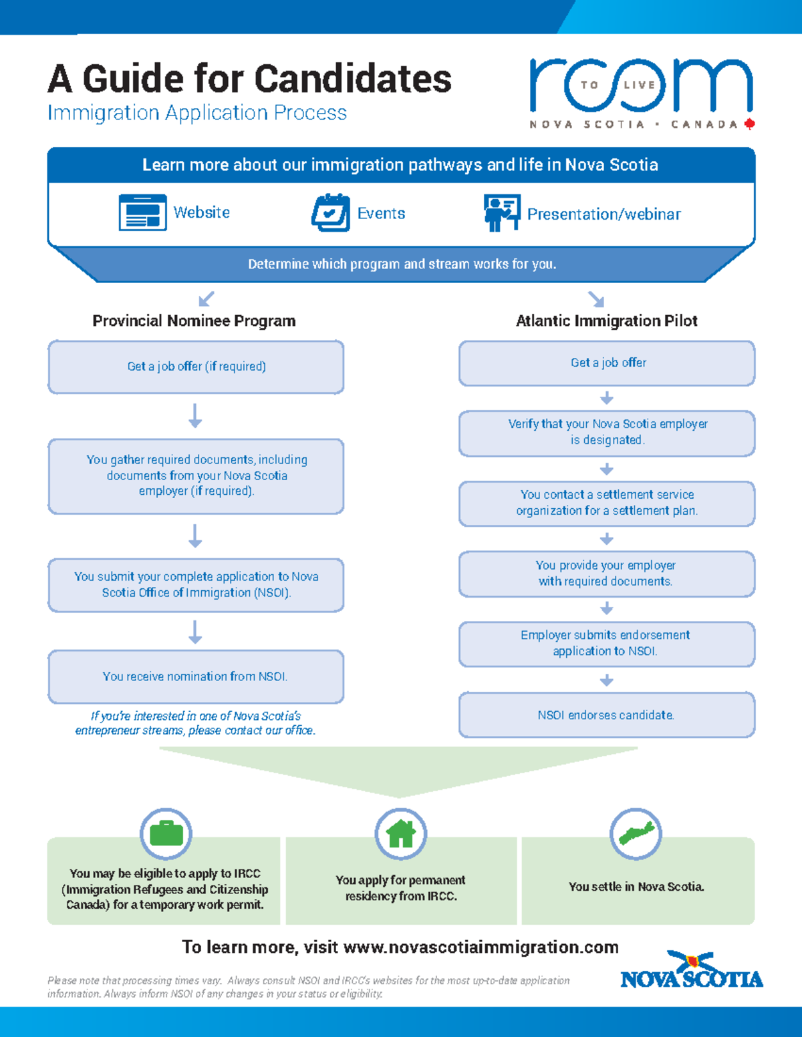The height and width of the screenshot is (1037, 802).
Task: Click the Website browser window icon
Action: (142, 212)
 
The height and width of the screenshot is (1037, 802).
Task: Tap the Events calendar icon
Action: (331, 213)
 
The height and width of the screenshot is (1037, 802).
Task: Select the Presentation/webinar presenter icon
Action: (501, 213)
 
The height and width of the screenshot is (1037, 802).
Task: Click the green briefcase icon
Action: (166, 833)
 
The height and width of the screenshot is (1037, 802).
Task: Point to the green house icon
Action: (401, 833)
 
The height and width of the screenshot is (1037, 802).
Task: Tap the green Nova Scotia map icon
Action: (636, 833)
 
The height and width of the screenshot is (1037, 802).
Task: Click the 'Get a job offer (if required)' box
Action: (196, 367)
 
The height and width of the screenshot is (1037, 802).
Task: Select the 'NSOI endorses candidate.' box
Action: (606, 715)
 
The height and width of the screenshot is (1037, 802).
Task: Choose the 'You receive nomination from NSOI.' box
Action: (196, 676)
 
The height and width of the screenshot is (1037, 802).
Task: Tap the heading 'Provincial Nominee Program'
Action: (194, 321)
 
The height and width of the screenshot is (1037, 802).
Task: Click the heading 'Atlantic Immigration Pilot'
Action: (606, 321)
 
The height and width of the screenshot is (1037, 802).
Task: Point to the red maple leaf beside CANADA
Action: (749, 124)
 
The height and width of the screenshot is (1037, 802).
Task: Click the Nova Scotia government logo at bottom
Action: (691, 972)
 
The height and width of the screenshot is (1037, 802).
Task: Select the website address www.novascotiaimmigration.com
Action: (481, 948)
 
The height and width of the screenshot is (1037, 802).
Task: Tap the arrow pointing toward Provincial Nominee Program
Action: (207, 298)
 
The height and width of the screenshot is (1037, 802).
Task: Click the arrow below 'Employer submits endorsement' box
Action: (606, 680)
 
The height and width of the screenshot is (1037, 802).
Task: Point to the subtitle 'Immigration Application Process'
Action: (197, 113)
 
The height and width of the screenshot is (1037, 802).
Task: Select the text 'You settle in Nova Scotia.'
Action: (636, 887)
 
